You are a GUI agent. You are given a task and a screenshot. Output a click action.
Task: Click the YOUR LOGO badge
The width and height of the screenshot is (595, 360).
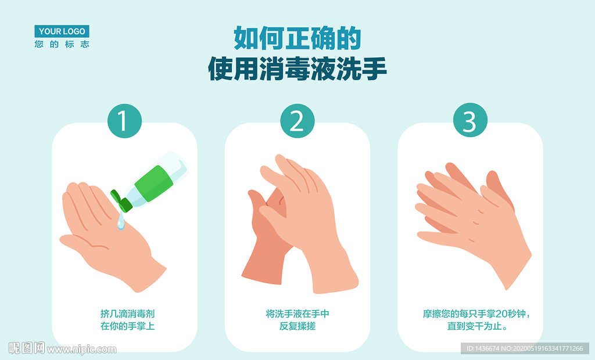62,31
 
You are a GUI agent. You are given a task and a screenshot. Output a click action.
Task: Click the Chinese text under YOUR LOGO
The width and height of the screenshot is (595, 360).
62,44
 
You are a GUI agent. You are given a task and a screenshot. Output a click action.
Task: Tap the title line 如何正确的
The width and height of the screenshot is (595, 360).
297,38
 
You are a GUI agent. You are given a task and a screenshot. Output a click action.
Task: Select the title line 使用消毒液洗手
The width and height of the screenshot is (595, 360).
297,69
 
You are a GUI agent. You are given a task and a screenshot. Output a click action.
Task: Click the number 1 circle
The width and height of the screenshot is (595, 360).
124,121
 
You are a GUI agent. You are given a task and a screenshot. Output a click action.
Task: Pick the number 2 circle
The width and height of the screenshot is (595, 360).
297,121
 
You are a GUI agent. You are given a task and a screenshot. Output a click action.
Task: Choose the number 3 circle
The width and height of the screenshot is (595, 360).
470,120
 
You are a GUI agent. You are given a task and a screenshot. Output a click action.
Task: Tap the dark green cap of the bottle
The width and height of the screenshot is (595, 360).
121,201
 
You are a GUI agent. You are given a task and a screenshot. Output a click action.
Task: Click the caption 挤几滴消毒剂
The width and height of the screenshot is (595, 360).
127,314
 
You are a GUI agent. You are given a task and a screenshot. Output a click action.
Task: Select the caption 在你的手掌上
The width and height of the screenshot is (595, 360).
127,326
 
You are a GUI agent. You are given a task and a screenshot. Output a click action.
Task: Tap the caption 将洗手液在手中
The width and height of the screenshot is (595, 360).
297,314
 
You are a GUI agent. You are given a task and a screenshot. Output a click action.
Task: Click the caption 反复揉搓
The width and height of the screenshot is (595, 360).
297,326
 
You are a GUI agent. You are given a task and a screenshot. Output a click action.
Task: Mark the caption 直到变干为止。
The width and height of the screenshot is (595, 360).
478,326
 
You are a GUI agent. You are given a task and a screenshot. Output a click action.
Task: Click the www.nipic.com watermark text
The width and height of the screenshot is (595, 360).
81,349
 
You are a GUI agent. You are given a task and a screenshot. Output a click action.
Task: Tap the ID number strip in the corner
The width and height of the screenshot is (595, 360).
525,348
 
